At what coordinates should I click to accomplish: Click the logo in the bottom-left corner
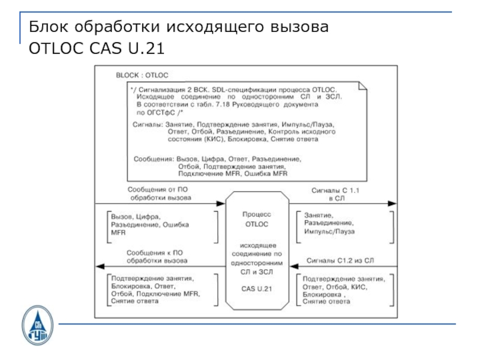37,325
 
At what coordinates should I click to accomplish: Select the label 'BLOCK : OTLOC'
142,75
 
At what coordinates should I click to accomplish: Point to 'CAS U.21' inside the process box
257,289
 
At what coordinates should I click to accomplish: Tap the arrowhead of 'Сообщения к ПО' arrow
100,265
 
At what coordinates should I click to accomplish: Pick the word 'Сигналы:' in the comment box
148,124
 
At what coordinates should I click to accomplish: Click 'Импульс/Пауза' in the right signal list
329,231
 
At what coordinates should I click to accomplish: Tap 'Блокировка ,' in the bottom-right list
325,295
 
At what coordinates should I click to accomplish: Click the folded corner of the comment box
362,86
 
